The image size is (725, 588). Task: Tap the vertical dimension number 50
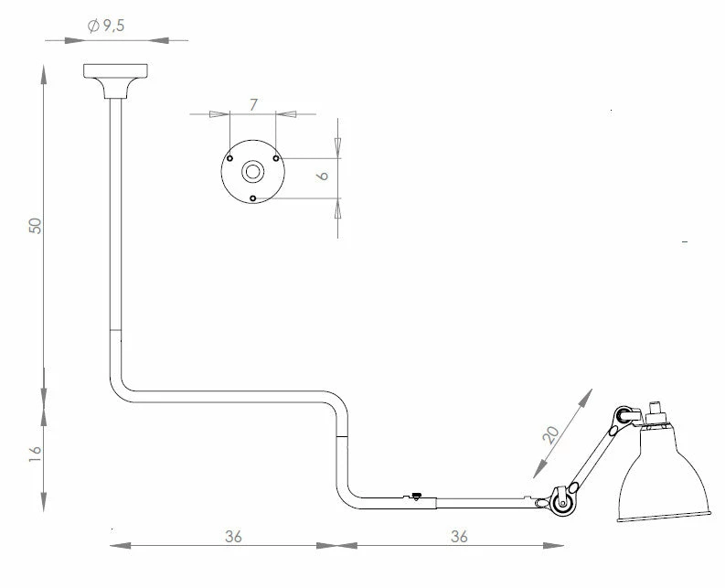36,225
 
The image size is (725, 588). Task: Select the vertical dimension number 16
36,453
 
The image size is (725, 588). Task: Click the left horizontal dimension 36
233,537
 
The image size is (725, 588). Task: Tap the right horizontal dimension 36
459,537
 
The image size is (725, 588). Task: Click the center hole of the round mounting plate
251,171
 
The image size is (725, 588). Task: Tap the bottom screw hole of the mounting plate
252,198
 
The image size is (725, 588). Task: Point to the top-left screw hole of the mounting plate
229,157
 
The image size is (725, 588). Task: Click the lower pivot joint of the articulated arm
560,502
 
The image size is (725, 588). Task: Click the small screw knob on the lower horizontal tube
417,497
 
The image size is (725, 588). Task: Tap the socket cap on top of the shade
655,411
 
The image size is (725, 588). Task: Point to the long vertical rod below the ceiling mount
115,219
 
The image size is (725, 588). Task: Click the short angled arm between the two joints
593,456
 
